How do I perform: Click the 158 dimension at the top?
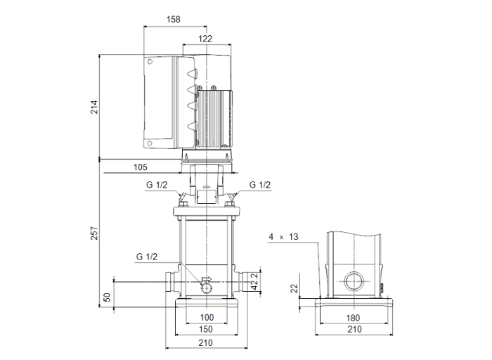(173, 20)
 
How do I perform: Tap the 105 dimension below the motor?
(141, 167)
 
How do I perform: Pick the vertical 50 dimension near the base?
(108, 297)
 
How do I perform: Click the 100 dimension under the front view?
(207, 318)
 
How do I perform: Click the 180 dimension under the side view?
(355, 318)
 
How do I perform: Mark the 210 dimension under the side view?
(354, 329)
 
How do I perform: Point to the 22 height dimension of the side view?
(294, 288)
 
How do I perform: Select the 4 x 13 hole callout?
(283, 237)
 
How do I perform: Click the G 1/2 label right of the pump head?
(259, 185)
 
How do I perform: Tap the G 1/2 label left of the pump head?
(157, 185)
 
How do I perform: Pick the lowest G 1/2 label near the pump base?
(147, 257)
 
